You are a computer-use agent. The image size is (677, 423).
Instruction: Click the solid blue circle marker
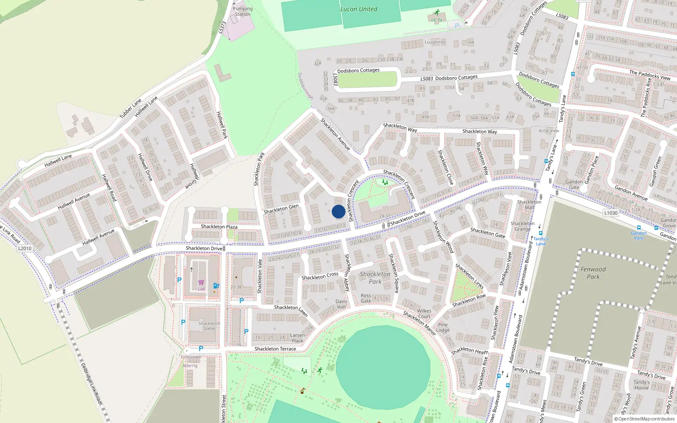pyautogui.click(x=338, y=211)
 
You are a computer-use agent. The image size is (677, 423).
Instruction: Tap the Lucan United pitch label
pyautogui.click(x=359, y=9)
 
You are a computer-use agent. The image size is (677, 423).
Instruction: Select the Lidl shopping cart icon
pyautogui.click(x=201, y=282)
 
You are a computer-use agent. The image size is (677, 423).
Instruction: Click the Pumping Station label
pyautogui.click(x=243, y=11)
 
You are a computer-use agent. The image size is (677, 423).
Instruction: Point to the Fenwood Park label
pyautogui.click(x=593, y=273)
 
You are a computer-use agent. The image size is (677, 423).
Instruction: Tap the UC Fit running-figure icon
pyautogui.click(x=437, y=13)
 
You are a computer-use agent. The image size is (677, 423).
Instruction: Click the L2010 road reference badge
pyautogui.click(x=25, y=248)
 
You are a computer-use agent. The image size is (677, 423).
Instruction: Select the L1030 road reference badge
pyautogui.click(x=611, y=213)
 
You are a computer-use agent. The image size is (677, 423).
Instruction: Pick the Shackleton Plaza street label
pyautogui.click(x=219, y=227)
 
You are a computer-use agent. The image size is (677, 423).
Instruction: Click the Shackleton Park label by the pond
pyautogui.click(x=375, y=278)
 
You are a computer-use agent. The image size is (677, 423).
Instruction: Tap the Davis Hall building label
pyautogui.click(x=341, y=304)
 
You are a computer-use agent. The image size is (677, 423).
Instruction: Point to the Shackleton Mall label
pyautogui.click(x=529, y=205)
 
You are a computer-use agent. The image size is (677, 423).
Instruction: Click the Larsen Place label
pyautogui.click(x=297, y=338)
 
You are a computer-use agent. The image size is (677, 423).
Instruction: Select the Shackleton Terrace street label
pyautogui.click(x=275, y=349)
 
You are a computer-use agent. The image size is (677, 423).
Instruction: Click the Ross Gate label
pyautogui.click(x=366, y=298)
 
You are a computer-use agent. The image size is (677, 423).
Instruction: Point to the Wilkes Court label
pyautogui.click(x=424, y=313)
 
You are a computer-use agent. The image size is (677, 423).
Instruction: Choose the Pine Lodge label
pyautogui.click(x=443, y=327)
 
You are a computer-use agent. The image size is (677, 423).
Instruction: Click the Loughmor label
pyautogui.click(x=435, y=42)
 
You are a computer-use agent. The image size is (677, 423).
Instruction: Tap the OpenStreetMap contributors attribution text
pyautogui.click(x=644, y=419)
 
